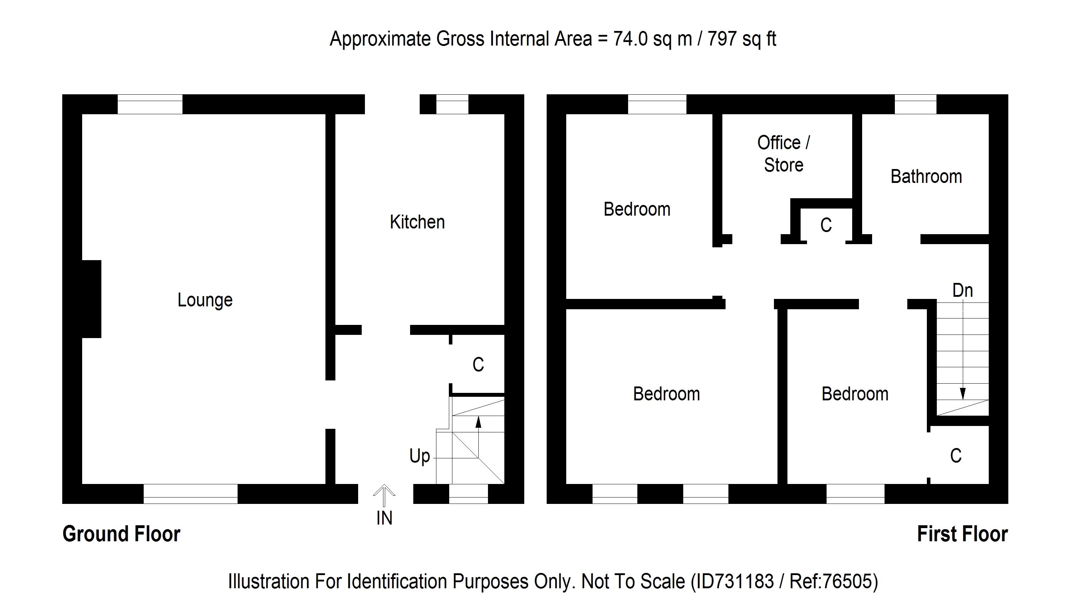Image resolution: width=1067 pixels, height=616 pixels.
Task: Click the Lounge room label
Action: pos(205,300)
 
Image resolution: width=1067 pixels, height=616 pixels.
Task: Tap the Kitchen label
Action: pos(417,222)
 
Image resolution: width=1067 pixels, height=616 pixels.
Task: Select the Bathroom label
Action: pos(926,177)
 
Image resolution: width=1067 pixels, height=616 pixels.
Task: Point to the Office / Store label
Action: pos(783,154)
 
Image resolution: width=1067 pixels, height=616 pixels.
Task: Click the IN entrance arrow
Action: pos(384,495)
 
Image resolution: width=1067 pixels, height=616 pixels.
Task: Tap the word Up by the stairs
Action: pos(419,457)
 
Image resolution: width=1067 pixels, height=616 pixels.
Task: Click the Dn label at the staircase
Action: pos(962,291)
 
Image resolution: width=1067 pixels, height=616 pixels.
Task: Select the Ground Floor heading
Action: pos(121,534)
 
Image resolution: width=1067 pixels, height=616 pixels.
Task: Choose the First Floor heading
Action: pos(962,534)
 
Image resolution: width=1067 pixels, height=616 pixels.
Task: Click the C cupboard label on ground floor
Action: pos(478,365)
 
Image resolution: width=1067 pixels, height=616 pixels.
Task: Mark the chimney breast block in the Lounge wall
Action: pos(91,299)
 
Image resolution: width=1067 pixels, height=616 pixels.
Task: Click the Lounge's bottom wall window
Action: pos(190,494)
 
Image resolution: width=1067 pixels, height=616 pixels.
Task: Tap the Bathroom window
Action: pos(915,104)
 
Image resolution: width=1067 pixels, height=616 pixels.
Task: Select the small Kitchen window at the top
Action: pos(452,104)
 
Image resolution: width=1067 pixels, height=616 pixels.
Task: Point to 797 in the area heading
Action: pos(722,39)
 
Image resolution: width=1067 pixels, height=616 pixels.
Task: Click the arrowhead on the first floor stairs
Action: pos(962,394)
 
